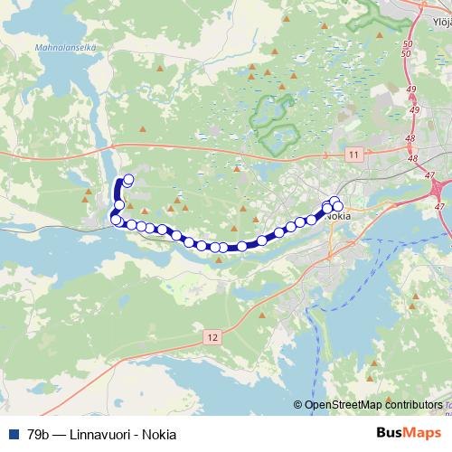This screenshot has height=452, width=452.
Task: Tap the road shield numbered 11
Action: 353,155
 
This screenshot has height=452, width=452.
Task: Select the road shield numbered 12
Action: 212,336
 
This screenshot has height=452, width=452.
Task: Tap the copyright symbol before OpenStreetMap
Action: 299,406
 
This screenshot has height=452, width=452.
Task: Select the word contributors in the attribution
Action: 419,406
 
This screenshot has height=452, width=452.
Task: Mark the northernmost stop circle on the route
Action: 128,179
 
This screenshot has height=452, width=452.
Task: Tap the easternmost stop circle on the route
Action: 338,205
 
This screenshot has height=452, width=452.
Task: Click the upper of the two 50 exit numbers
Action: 408,43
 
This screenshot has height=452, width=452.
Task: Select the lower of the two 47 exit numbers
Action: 440,208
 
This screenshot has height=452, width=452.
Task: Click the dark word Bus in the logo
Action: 391,433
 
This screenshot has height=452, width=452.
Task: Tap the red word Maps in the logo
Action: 424,433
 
